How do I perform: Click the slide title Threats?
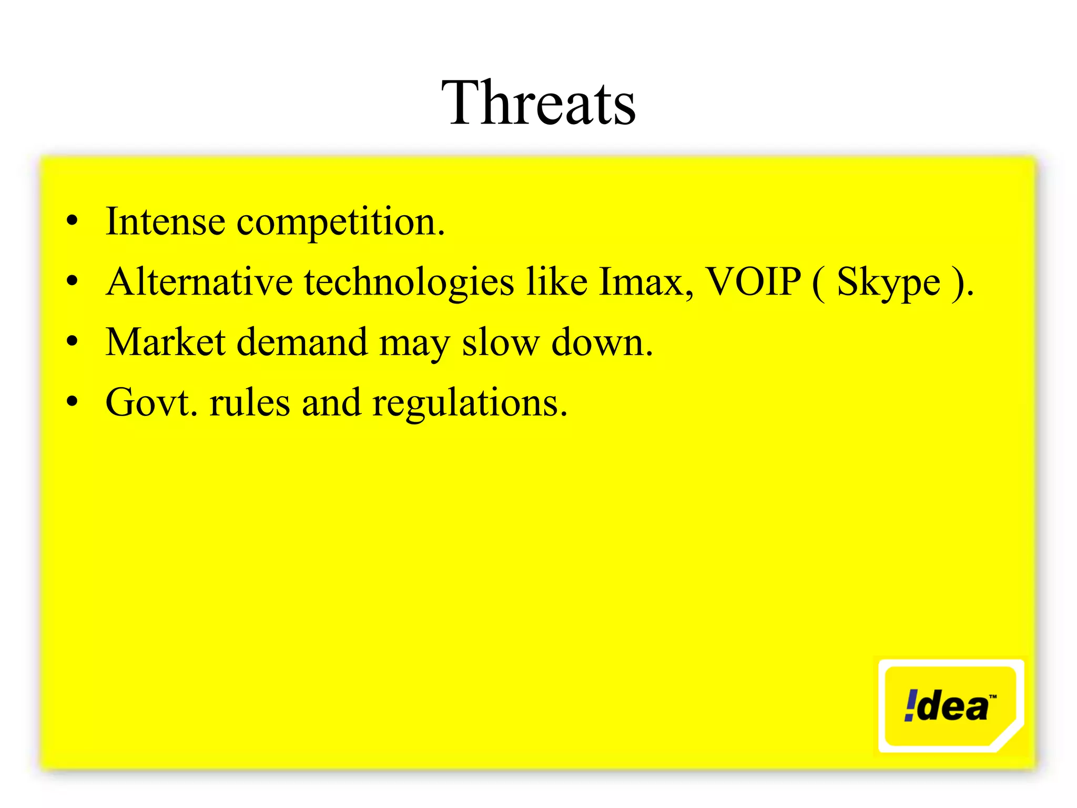(x=538, y=103)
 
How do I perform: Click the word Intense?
(x=165, y=221)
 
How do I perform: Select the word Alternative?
(x=199, y=282)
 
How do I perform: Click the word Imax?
(x=645, y=282)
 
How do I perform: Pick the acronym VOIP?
(x=753, y=282)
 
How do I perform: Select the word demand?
(x=302, y=342)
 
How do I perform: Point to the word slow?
(x=500, y=342)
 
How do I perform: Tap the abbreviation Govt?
(x=151, y=403)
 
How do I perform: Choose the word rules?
(x=249, y=403)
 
